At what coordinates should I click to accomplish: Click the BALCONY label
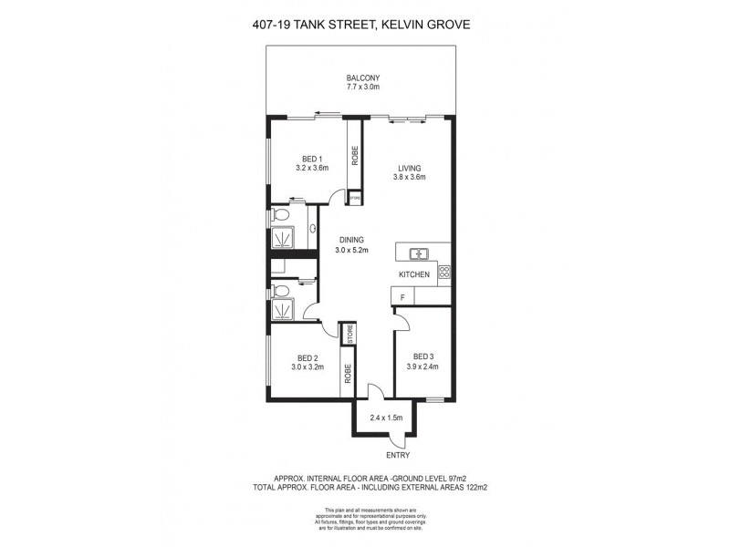362,77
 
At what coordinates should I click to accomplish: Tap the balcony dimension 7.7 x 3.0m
362,88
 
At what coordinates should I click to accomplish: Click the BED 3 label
422,356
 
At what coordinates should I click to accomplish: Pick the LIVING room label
408,167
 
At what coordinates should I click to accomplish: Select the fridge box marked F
399,295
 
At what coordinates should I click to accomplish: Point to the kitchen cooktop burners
444,272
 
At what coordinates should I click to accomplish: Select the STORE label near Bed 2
348,334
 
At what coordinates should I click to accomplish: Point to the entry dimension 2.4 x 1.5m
386,418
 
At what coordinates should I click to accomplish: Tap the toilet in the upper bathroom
283,216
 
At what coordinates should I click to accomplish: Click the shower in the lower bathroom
283,310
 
